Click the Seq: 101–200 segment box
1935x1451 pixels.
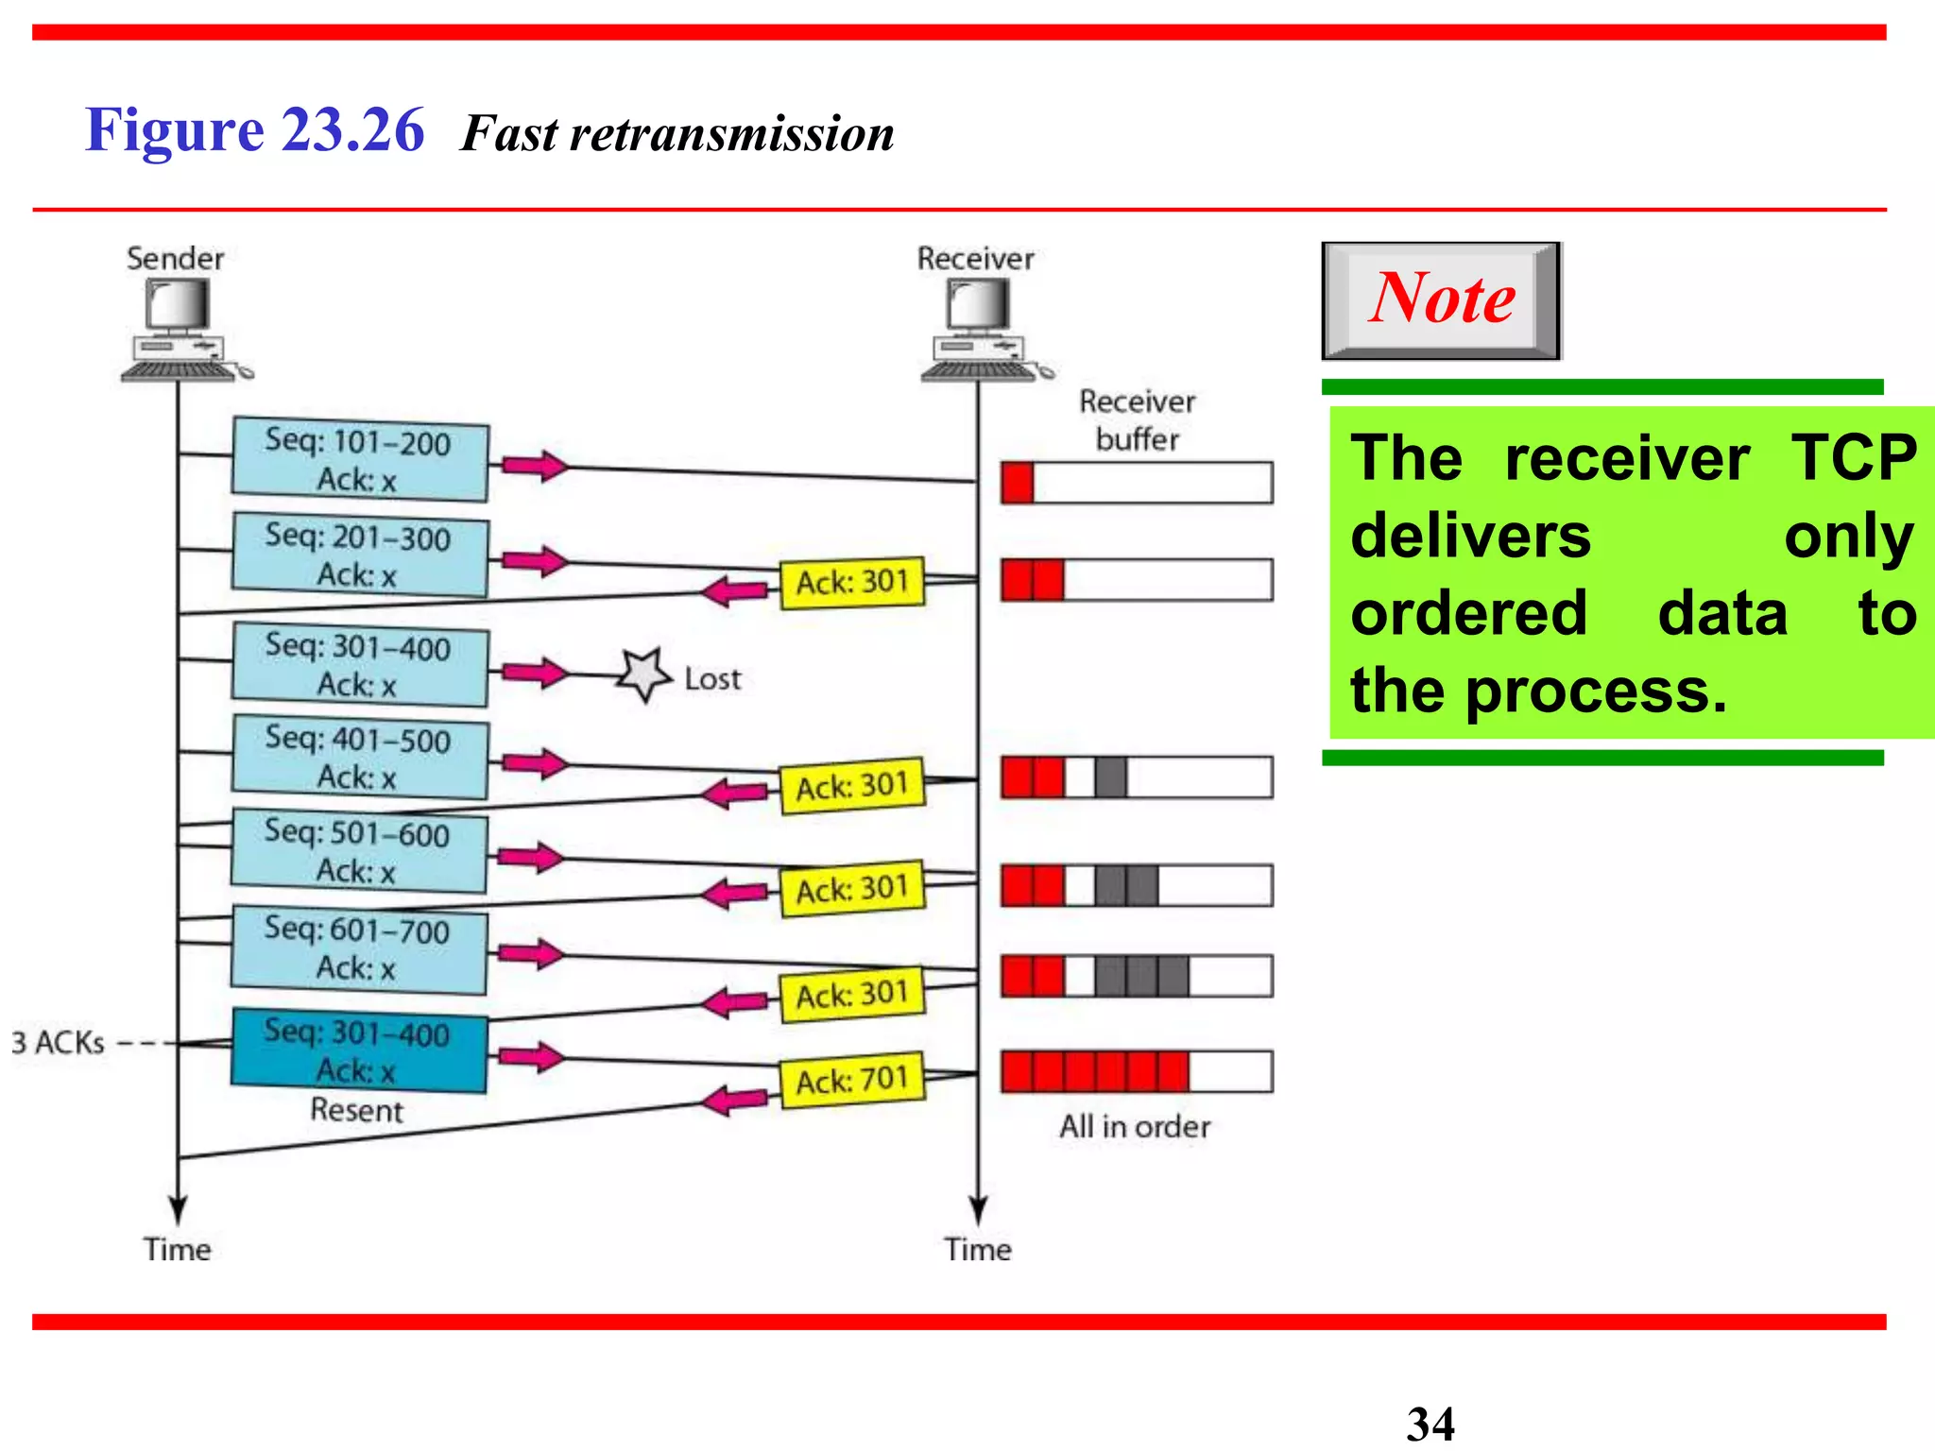point(360,459)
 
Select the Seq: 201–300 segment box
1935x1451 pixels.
point(360,555)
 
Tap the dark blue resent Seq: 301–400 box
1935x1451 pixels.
point(359,1050)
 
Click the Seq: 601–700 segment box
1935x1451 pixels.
point(359,948)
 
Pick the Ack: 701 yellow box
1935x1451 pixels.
point(852,1080)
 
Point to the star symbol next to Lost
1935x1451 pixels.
point(645,674)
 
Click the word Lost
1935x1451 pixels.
point(712,678)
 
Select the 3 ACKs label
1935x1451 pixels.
point(58,1043)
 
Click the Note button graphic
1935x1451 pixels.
point(1440,299)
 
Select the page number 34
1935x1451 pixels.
point(1430,1423)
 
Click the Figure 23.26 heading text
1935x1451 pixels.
point(254,129)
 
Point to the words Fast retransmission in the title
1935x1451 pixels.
point(676,133)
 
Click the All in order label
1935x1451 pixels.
point(1134,1126)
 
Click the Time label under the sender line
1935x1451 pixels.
point(177,1249)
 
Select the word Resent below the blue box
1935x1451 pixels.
point(356,1109)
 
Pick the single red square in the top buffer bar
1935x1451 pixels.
point(1018,483)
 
